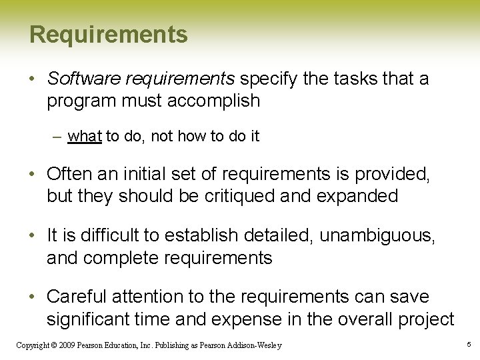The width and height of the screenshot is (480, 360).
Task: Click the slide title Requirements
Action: pos(109,34)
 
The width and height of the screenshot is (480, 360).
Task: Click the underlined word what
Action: pos(85,137)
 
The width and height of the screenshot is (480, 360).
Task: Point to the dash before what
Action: pos(58,137)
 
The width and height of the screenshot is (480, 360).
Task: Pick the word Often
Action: pos(69,175)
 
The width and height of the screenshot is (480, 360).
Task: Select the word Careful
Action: pos(77,297)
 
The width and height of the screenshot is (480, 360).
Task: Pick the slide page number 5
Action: pos(469,345)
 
